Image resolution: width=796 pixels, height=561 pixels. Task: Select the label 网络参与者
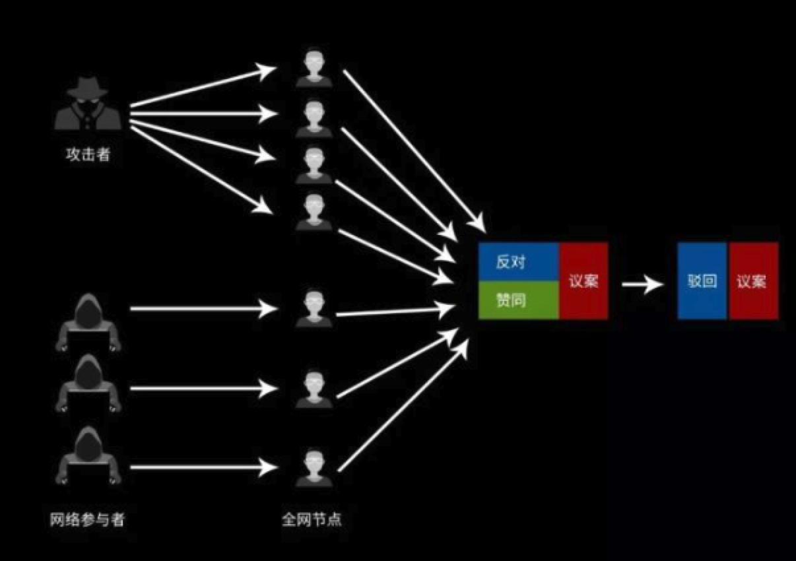(x=86, y=519)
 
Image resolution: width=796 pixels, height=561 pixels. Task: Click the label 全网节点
(x=312, y=519)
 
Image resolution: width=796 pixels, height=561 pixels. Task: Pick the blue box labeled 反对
(x=519, y=262)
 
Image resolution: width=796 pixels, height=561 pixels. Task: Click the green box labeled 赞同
(x=519, y=300)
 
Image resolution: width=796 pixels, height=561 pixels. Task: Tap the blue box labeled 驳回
(x=702, y=281)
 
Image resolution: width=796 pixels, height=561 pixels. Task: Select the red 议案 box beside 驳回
(x=752, y=281)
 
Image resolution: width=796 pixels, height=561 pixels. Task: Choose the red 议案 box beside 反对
(x=583, y=281)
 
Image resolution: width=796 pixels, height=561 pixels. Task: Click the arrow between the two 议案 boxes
(x=642, y=284)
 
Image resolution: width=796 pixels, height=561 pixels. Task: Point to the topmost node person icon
(x=314, y=69)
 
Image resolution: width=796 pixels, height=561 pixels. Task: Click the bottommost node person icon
(x=314, y=467)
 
